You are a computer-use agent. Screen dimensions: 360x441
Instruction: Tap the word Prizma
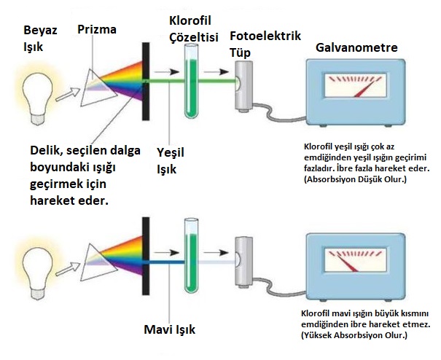[x=97, y=29]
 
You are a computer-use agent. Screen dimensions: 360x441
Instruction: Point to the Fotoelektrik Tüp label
[x=265, y=43]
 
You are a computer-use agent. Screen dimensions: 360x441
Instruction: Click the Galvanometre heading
[x=357, y=47]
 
